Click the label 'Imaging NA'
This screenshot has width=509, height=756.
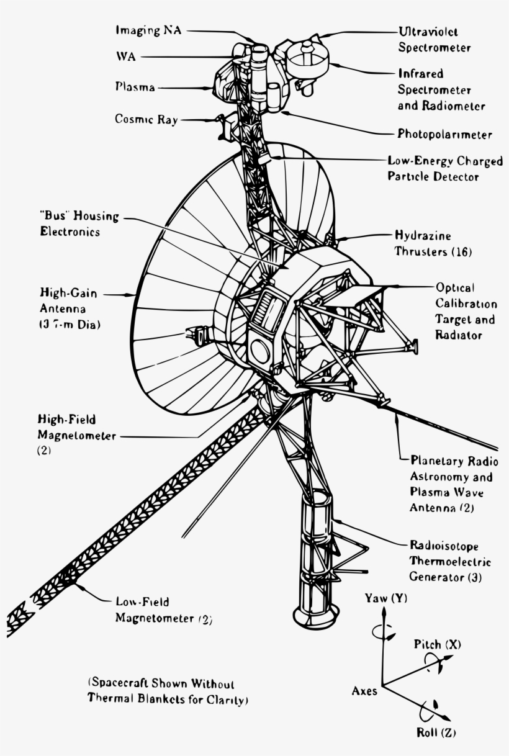148,30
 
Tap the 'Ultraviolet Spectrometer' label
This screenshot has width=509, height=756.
434,39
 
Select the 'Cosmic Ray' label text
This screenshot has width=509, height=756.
146,119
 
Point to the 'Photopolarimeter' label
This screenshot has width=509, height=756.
444,135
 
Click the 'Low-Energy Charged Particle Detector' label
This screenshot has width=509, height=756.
445,169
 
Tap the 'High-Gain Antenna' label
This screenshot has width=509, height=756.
68,308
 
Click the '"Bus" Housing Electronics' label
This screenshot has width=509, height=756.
78,223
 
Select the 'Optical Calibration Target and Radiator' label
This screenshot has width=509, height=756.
466,312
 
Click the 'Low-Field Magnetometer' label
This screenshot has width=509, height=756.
163,610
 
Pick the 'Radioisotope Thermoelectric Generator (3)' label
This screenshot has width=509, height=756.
450,562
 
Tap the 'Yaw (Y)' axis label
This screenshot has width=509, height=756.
385,598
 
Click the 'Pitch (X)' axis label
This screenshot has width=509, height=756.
437,644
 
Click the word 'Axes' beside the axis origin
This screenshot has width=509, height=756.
364,691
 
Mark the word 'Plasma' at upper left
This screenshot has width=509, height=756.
135,88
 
